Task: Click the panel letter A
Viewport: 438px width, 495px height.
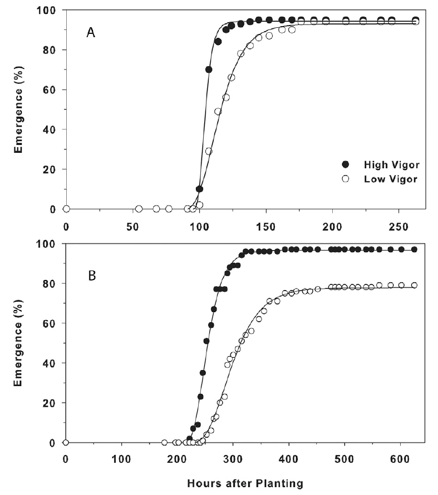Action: pos(91,33)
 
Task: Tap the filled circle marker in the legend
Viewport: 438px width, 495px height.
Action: pos(345,164)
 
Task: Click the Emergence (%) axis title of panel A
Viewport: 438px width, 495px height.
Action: pos(19,109)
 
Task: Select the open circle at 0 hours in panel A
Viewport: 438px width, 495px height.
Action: pos(66,209)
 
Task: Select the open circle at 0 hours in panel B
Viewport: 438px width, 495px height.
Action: pos(66,442)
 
